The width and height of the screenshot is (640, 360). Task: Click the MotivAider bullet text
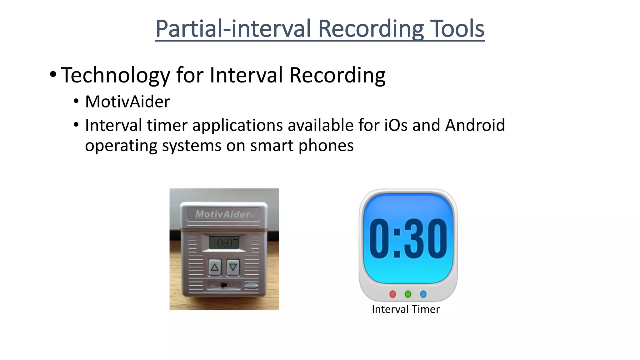point(127,102)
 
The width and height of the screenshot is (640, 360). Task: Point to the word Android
point(475,125)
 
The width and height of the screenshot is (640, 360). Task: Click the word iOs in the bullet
point(396,125)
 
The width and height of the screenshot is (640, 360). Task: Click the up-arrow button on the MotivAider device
point(215,267)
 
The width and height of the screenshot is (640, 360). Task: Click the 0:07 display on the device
point(224,243)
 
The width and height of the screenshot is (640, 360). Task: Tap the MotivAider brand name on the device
point(223,214)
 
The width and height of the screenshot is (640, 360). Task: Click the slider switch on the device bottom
point(224,285)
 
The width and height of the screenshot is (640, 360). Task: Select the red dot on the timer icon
point(393,294)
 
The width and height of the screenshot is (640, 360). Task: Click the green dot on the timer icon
point(408,294)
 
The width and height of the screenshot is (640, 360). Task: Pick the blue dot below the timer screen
point(423,294)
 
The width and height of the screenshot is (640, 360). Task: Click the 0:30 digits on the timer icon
point(408,238)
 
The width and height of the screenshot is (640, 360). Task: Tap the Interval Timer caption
point(406,309)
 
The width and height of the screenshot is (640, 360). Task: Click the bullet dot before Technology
point(53,75)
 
